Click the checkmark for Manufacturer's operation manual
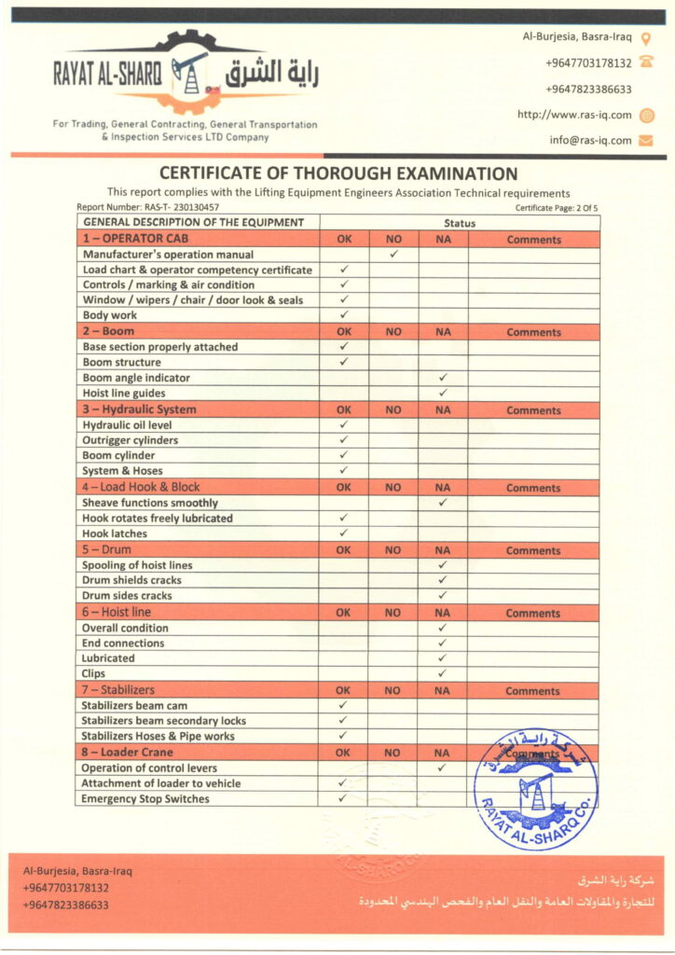393,254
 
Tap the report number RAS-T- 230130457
148,207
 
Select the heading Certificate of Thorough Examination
337,173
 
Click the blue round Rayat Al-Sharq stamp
535,789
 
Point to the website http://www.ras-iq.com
574,115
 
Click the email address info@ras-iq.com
590,141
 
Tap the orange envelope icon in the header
645,141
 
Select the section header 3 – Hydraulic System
139,409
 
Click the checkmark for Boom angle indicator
443,378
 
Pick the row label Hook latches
115,533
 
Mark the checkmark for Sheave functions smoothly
443,503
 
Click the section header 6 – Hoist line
117,613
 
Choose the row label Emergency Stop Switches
145,798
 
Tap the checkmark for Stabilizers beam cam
343,706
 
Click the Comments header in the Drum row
533,550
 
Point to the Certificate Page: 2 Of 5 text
556,208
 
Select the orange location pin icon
645,38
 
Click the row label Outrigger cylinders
131,440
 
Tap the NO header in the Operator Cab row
393,240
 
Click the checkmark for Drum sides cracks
443,595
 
